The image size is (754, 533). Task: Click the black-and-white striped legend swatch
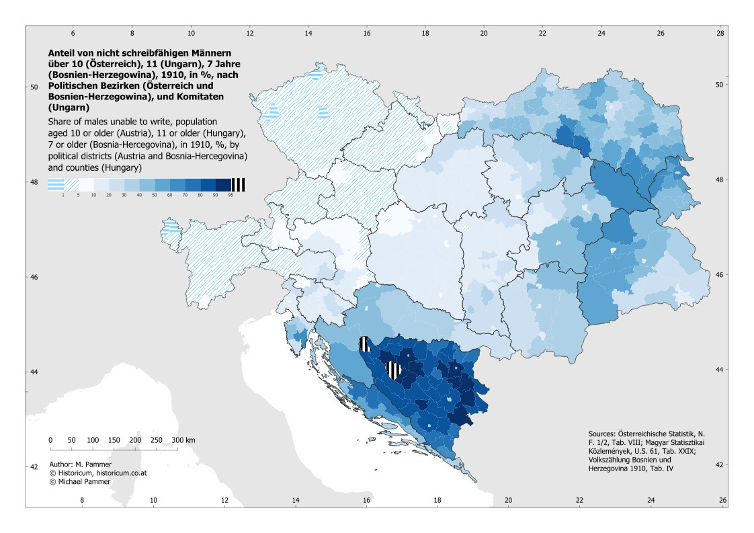pyautogui.click(x=239, y=185)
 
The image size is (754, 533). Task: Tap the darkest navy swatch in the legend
pyautogui.click(x=224, y=185)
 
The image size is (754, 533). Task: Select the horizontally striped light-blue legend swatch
pyautogui.click(x=55, y=185)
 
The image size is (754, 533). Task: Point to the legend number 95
pyautogui.click(x=231, y=196)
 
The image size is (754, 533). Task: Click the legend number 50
pyautogui.click(x=155, y=196)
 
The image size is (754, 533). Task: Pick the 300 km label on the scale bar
pyautogui.click(x=183, y=440)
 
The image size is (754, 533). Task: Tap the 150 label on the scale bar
pyautogui.click(x=114, y=440)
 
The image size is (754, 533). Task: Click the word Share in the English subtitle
pyautogui.click(x=59, y=122)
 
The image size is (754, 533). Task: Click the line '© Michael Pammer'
pyautogui.click(x=80, y=481)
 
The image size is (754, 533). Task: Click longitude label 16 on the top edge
pyautogui.click(x=367, y=33)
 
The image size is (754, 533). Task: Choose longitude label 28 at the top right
pyautogui.click(x=720, y=33)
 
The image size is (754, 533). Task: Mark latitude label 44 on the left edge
pyautogui.click(x=34, y=372)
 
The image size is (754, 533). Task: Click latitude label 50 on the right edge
pyautogui.click(x=719, y=85)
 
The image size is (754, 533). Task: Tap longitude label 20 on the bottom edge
pyautogui.click(x=508, y=500)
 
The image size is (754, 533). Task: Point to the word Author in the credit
pyautogui.click(x=60, y=464)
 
